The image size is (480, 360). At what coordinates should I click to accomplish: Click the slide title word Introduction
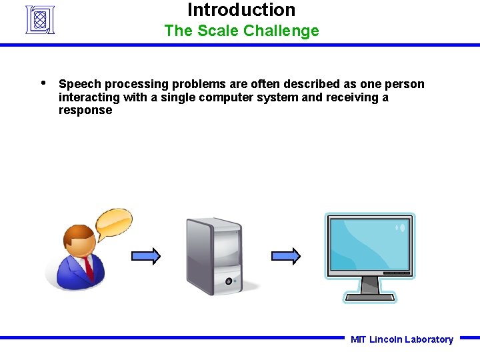click(x=241, y=10)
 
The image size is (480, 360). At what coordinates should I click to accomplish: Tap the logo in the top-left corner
click(x=39, y=19)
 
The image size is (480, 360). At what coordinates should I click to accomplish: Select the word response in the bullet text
click(x=85, y=110)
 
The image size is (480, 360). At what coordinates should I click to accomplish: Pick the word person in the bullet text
click(x=405, y=84)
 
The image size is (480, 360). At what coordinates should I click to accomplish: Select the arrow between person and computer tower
click(x=145, y=256)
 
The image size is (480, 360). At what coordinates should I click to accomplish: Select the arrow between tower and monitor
click(x=286, y=256)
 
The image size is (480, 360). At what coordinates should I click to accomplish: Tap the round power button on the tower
click(x=229, y=281)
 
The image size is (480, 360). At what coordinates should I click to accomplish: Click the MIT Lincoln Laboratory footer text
click(x=401, y=339)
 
